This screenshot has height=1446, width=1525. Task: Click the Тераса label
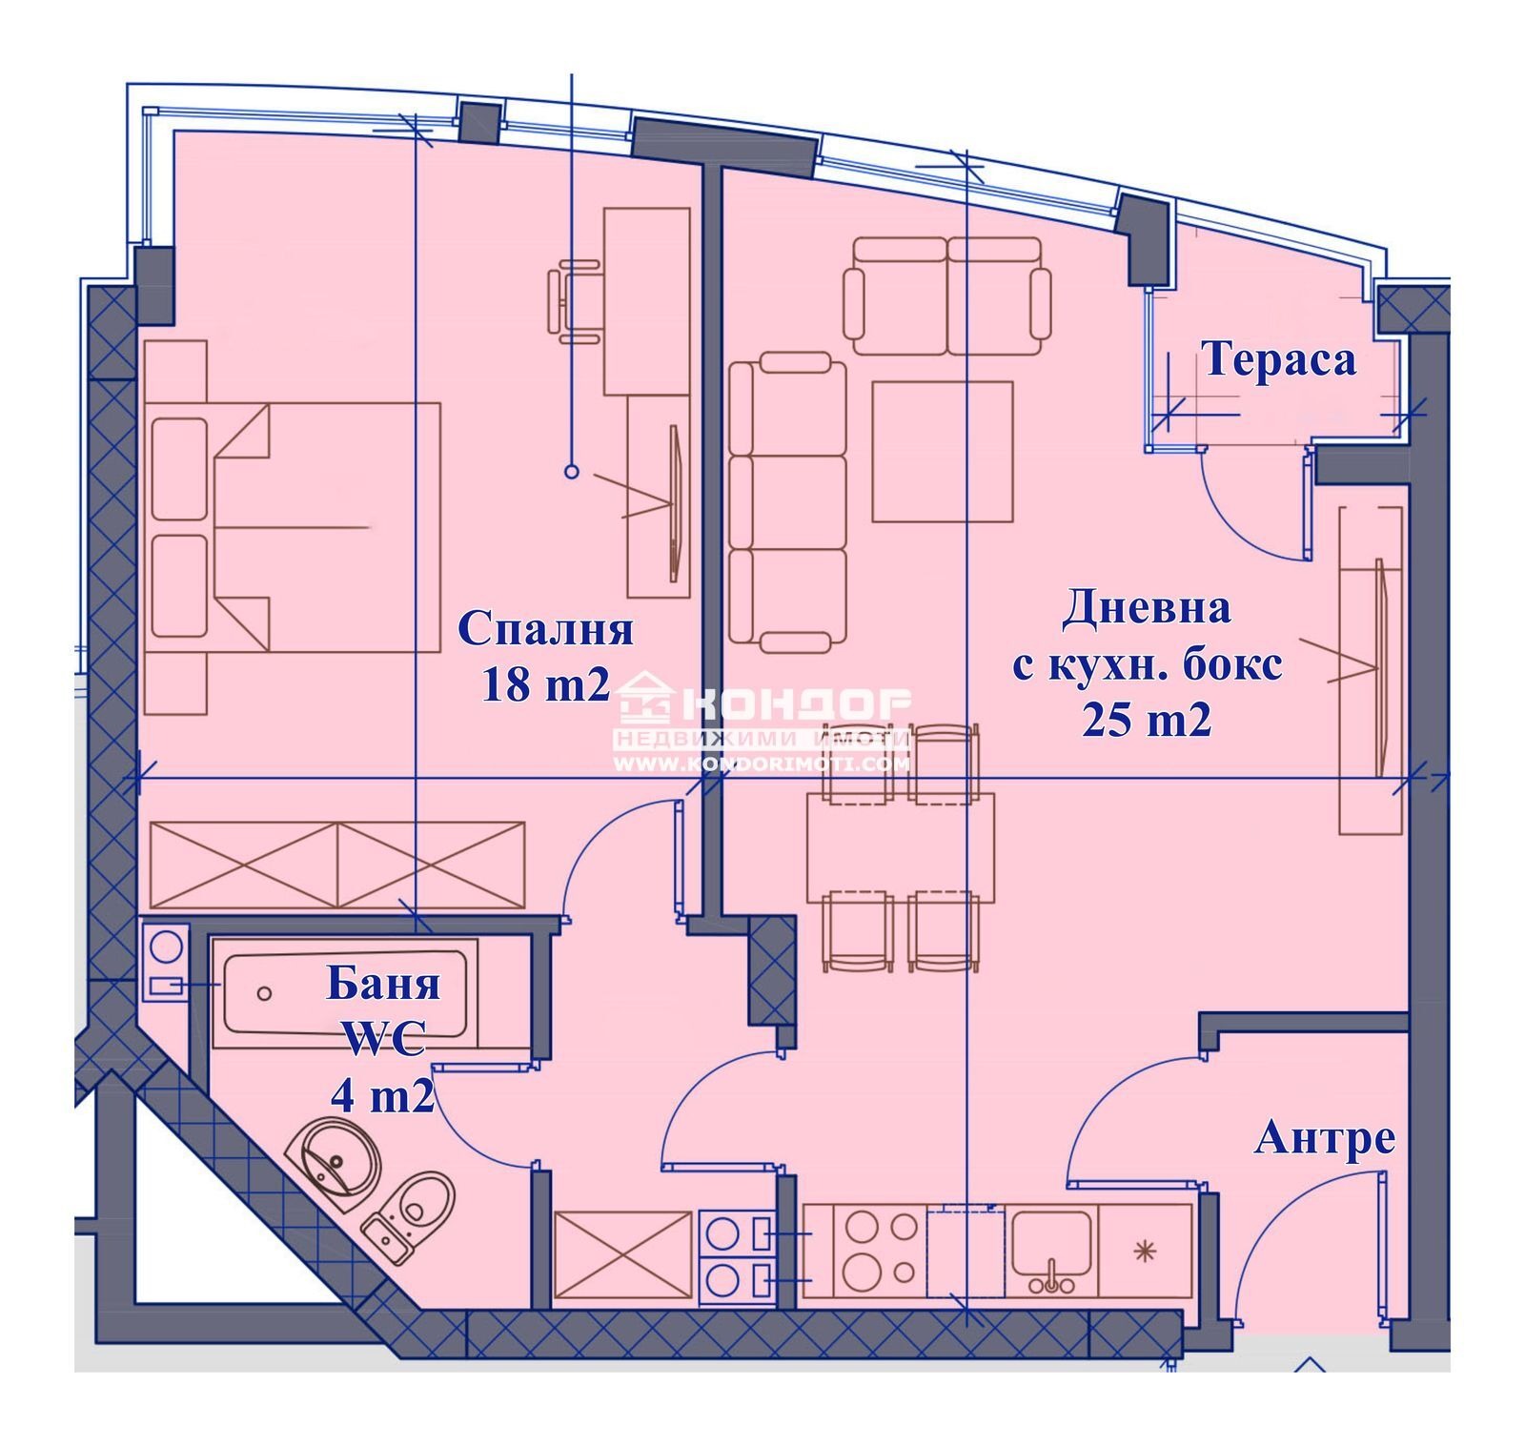click(x=1278, y=360)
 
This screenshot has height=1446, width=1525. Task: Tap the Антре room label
click(x=1325, y=1138)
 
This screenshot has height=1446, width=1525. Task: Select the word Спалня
click(x=546, y=629)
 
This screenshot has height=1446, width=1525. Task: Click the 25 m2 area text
click(x=1147, y=719)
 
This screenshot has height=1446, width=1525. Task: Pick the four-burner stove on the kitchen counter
click(x=880, y=1251)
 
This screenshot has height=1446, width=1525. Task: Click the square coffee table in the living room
click(x=943, y=451)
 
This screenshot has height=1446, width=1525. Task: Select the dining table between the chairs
click(x=901, y=846)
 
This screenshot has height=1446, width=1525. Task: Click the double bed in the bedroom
click(x=293, y=527)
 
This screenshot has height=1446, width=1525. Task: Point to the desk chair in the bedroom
click(x=576, y=302)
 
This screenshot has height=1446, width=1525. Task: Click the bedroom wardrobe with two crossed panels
click(x=337, y=865)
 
